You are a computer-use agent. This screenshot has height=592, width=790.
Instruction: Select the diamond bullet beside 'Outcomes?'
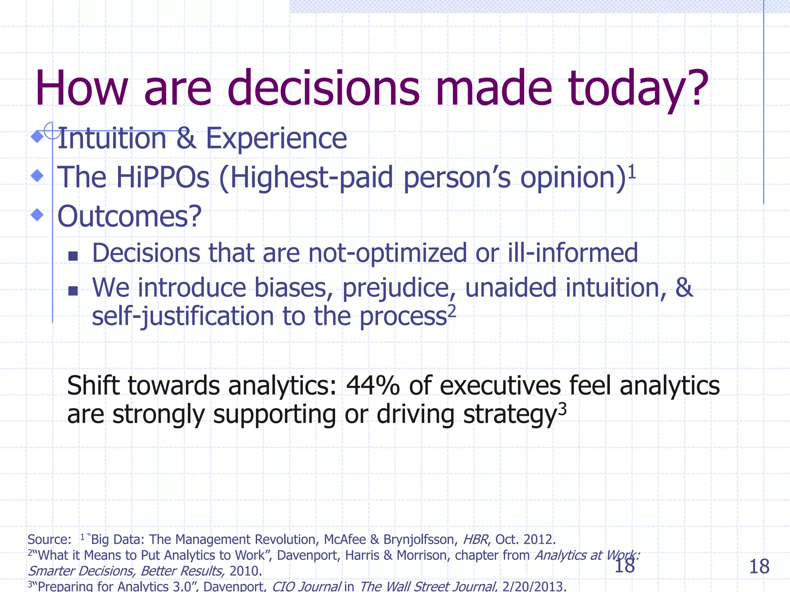pyautogui.click(x=37, y=215)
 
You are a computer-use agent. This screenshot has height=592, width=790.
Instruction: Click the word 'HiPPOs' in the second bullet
pyautogui.click(x=162, y=178)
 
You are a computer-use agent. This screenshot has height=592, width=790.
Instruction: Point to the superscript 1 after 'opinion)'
pyautogui.click(x=631, y=172)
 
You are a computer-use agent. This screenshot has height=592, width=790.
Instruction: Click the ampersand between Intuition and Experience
pyautogui.click(x=186, y=138)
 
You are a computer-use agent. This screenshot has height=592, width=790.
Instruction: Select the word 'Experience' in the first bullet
pyautogui.click(x=276, y=138)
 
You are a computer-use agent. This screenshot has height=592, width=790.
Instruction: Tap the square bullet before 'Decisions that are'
pyautogui.click(x=73, y=256)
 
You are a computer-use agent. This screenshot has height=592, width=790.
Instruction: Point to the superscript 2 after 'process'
pyautogui.click(x=452, y=311)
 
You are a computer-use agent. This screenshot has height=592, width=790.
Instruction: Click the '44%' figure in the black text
pyautogui.click(x=373, y=385)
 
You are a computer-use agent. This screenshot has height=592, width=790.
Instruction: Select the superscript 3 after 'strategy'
pyautogui.click(x=562, y=409)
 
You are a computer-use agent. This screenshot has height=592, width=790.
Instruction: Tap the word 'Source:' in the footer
pyautogui.click(x=49, y=540)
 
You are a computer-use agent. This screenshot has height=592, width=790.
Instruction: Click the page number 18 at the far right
pyautogui.click(x=759, y=567)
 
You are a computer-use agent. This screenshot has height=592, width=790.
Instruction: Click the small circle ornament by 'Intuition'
pyautogui.click(x=52, y=130)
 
